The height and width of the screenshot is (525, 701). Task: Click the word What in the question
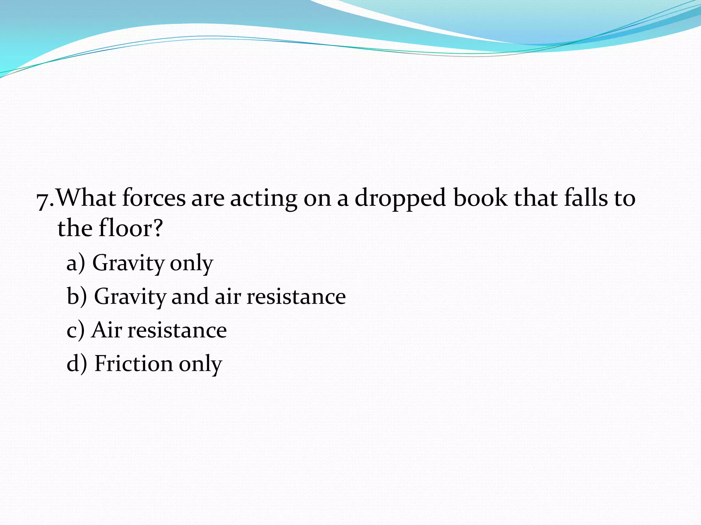[86, 198]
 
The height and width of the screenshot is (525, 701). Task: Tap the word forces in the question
[154, 198]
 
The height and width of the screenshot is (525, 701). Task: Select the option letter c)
[75, 331]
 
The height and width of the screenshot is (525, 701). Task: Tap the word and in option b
[190, 296]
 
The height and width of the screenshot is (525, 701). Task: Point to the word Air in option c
[106, 330]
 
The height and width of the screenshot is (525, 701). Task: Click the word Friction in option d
[133, 363]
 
